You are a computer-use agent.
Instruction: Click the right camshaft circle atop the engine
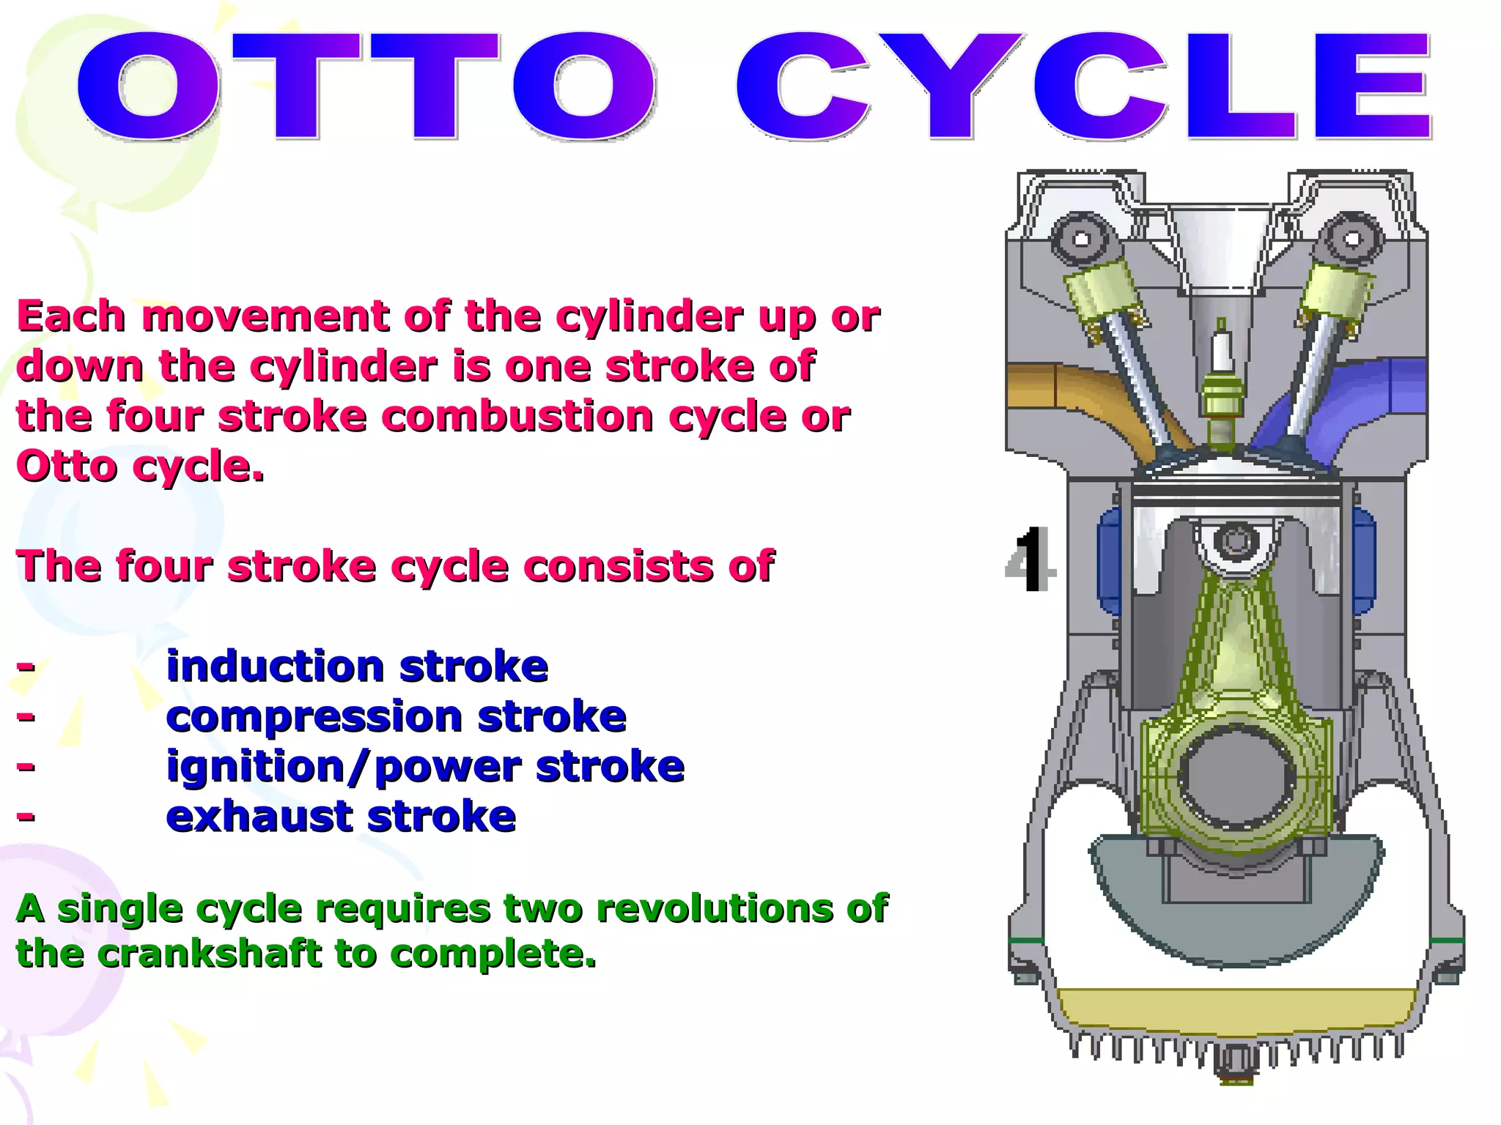point(1352,239)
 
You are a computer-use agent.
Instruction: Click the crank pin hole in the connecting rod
point(1236,776)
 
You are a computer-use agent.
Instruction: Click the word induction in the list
point(275,667)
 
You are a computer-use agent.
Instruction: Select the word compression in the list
point(314,716)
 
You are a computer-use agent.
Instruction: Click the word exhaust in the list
point(259,816)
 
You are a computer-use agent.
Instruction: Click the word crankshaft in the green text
point(209,954)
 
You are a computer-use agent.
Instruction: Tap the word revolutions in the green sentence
point(715,908)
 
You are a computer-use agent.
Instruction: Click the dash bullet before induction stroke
point(26,666)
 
